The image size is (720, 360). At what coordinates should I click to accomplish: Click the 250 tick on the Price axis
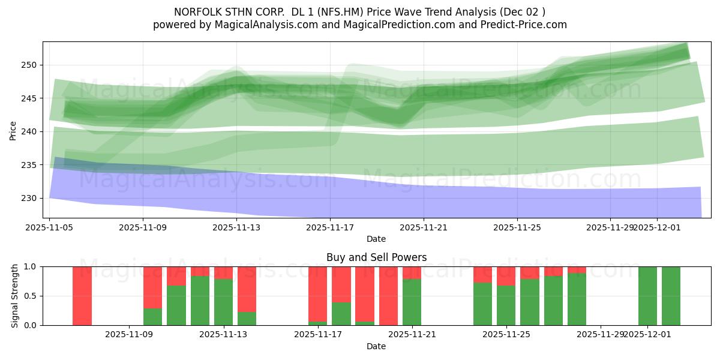pos(31,65)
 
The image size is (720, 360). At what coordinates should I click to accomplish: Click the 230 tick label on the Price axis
pos(31,198)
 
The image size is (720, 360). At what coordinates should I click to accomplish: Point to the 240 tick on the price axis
pos(31,131)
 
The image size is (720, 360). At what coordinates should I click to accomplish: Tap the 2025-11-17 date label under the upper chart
pos(330,227)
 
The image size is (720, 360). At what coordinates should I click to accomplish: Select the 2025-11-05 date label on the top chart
pos(50,227)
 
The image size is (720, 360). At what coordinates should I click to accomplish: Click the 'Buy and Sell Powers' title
pos(376,257)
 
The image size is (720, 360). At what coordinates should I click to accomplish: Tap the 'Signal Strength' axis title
pos(15,296)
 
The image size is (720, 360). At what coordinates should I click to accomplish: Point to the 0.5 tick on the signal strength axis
pos(30,296)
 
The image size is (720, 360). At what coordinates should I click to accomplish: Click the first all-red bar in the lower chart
pos(82,296)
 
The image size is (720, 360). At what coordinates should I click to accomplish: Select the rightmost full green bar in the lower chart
pos(671,296)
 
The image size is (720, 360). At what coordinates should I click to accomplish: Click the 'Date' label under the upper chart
pos(376,239)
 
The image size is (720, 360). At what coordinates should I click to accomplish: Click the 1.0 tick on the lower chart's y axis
pos(30,266)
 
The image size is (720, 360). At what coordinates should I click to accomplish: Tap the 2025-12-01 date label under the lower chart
pos(648,335)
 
